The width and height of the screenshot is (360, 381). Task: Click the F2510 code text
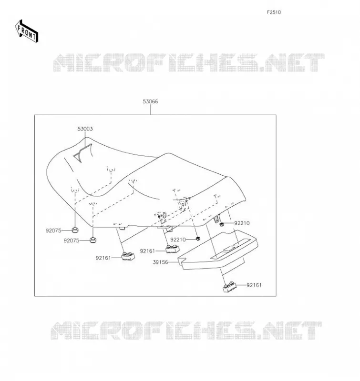point(274,12)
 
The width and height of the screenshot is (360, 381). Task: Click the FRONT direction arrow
point(27,31)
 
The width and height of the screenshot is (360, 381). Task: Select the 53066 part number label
point(150,101)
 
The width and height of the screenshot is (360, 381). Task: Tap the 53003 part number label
point(85,129)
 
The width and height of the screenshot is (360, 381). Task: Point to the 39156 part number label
point(160,262)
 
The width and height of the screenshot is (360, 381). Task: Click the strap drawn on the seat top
point(83,152)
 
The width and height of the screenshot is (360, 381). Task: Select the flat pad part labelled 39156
point(218,251)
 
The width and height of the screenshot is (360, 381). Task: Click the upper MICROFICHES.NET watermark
point(189,63)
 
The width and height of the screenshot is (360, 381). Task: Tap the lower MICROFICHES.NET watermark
point(186,331)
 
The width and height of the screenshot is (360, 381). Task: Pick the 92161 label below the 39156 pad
point(254,285)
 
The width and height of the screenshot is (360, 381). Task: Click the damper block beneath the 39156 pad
point(229,287)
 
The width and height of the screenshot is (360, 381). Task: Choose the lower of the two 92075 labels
point(72,241)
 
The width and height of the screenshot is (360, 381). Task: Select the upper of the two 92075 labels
point(53,231)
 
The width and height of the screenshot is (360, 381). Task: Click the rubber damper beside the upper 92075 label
point(75,229)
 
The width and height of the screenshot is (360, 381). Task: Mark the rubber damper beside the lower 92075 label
point(93,240)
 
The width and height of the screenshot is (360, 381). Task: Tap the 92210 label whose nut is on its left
point(242,223)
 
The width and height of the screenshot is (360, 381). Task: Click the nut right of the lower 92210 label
point(198,239)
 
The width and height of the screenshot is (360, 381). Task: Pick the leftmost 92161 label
point(103,258)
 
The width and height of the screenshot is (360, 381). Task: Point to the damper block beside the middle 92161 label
point(173,249)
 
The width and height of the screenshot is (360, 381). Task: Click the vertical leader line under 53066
point(150,110)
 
